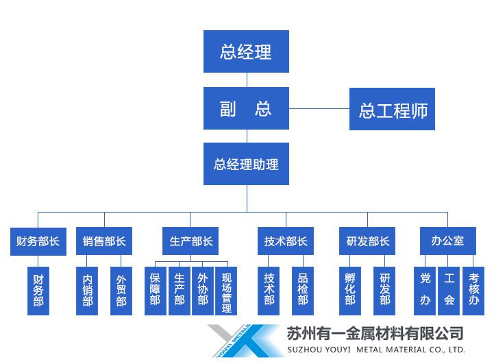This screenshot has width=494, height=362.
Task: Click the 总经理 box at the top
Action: (x=246, y=51)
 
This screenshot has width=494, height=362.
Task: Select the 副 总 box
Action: (x=246, y=108)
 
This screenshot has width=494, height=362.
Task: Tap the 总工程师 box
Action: (x=393, y=109)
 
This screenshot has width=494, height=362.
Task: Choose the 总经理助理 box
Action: (x=246, y=164)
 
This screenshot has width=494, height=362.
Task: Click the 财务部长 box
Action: (x=38, y=241)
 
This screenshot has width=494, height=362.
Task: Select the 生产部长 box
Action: (x=191, y=241)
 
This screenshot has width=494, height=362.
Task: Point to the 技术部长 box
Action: (x=286, y=241)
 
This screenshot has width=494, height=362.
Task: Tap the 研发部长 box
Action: (x=367, y=241)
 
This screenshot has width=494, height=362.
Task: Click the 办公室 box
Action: (x=447, y=241)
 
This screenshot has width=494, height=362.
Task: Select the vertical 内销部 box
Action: (x=88, y=291)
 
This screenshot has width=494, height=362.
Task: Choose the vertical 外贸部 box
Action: (x=121, y=291)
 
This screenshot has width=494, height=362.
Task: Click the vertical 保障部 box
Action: (x=156, y=291)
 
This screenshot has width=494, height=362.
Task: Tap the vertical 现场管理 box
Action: (x=226, y=291)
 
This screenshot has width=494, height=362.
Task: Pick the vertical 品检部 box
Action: (x=303, y=291)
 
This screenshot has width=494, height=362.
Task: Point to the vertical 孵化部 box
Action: (x=351, y=291)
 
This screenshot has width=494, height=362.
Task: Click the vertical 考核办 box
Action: (x=473, y=291)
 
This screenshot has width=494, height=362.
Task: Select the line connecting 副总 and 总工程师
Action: (x=319, y=108)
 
